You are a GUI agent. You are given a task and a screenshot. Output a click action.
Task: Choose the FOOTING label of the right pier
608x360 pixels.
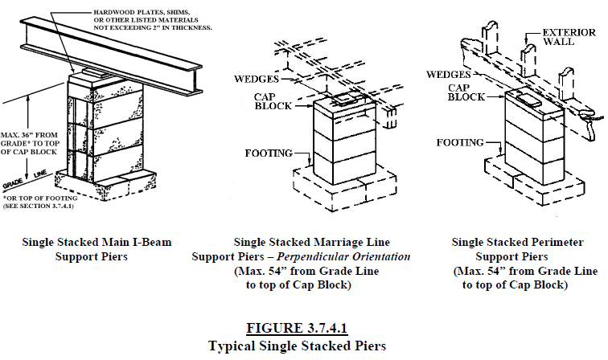(x=460, y=142)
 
